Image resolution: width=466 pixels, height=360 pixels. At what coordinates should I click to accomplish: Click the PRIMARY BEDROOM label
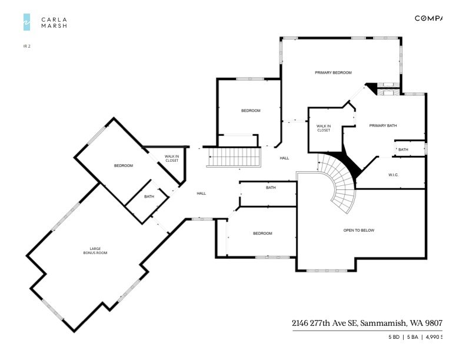(333, 72)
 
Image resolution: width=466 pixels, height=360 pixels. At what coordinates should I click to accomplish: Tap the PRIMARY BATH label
(382, 125)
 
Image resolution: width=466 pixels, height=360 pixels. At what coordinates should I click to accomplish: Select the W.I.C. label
(394, 175)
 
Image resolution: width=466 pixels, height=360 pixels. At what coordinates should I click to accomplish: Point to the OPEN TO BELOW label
(358, 230)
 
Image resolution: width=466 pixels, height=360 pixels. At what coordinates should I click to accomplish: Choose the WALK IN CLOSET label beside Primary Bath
(324, 128)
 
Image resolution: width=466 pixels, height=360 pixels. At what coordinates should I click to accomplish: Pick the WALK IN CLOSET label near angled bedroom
(171, 158)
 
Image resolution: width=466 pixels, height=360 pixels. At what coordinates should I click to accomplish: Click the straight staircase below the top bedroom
(235, 157)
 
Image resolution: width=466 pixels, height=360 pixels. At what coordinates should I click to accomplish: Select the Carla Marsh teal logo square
(26, 22)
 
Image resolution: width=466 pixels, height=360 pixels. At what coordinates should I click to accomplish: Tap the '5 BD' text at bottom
(393, 337)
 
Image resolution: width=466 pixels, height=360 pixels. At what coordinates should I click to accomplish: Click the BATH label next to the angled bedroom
(149, 196)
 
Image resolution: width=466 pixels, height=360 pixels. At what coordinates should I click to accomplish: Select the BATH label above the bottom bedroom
(271, 188)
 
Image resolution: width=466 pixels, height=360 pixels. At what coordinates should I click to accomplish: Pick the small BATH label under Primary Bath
(403, 149)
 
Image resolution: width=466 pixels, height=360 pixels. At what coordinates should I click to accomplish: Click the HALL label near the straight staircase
(284, 158)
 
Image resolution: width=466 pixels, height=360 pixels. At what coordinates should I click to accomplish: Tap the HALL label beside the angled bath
(201, 193)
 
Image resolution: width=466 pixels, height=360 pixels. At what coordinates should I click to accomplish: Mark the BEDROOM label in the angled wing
(124, 165)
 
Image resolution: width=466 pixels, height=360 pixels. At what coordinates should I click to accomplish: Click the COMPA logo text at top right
(428, 18)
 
